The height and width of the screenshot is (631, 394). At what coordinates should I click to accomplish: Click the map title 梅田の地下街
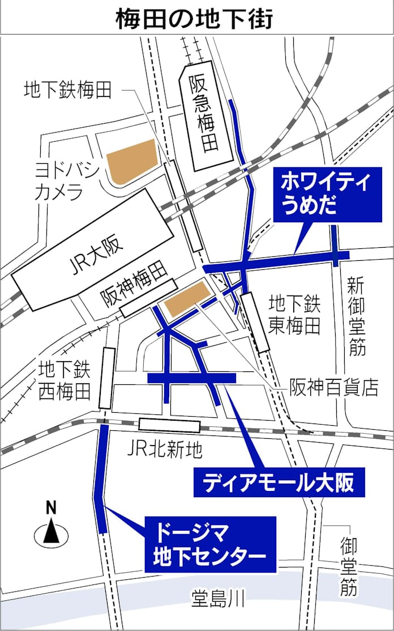pos(195,18)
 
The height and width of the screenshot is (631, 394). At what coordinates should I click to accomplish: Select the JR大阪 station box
pos(94,249)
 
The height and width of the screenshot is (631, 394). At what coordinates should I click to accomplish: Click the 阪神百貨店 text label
pos(333,388)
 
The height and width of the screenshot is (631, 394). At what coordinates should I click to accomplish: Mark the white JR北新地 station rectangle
pos(165,424)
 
